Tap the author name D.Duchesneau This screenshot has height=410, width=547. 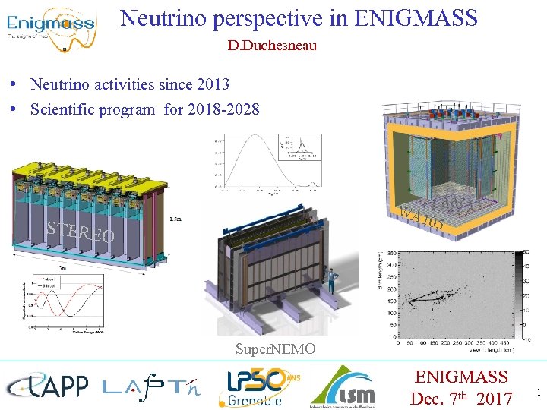272,46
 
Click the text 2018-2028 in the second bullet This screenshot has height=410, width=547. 223,109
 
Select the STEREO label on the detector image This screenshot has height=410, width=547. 80,232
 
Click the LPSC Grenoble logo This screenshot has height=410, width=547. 255,386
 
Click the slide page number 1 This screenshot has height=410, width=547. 539,393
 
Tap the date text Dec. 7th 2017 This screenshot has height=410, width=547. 461,397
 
